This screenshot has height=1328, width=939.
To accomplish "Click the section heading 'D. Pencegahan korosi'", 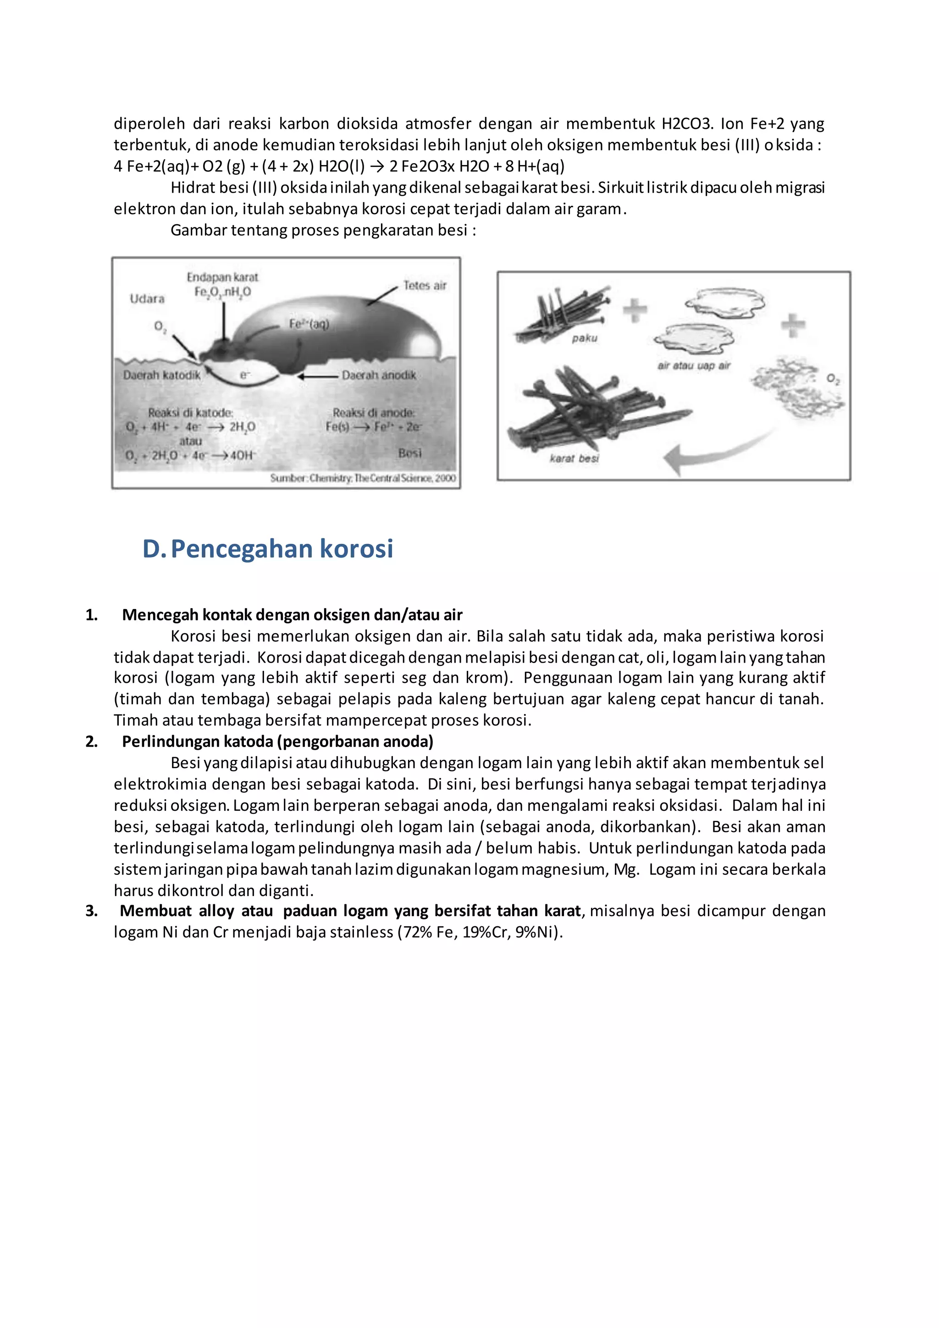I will pos(268,548).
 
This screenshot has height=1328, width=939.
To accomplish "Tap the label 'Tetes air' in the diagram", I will pos(425,285).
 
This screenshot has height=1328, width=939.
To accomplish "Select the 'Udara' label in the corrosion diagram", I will pos(147,299).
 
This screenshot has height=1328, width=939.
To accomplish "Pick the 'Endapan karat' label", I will pos(222,277).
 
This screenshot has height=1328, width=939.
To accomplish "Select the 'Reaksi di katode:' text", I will pos(190,412).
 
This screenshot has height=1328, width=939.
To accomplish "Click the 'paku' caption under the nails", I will pos(584,338).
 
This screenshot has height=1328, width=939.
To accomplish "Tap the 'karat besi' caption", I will pos(574,458).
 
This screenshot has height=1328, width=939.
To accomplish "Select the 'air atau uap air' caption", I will pos(694,365).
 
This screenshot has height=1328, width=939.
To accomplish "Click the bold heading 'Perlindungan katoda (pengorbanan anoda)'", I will pos(277,741).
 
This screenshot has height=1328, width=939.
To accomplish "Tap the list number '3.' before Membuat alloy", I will pos(91,911).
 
